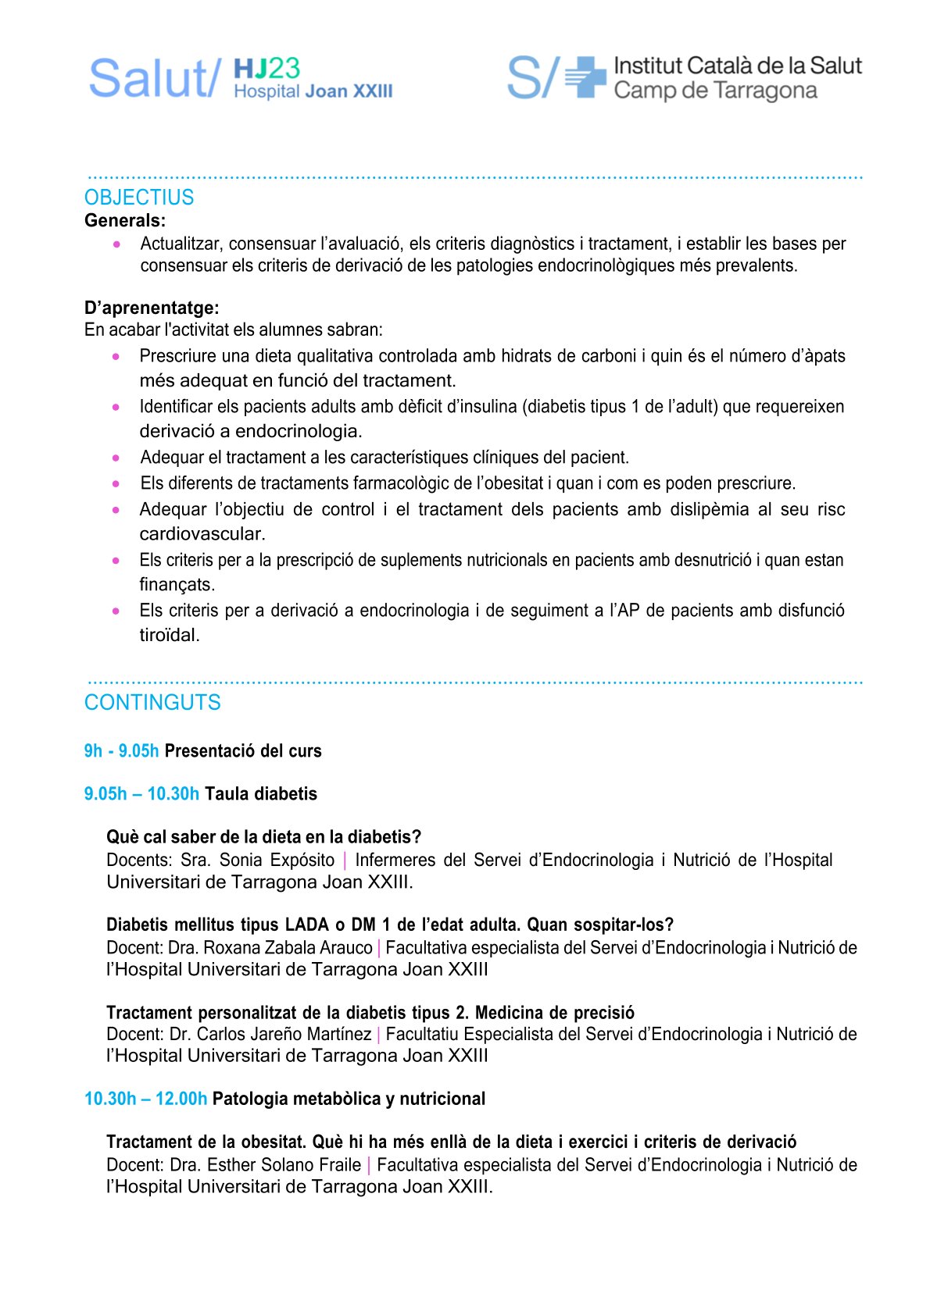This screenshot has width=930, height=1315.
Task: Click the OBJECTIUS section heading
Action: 138,198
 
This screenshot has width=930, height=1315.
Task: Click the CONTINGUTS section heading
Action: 152,703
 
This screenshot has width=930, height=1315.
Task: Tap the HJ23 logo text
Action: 266,69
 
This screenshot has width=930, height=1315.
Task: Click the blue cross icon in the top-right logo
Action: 585,77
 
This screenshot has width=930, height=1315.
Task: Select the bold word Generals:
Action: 125,221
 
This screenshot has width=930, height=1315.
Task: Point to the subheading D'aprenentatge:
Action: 152,308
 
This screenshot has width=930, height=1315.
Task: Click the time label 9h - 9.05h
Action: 121,751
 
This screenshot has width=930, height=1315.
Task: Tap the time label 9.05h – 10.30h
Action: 141,794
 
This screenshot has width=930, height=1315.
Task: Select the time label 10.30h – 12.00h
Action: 145,1099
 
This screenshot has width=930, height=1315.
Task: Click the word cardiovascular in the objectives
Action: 202,534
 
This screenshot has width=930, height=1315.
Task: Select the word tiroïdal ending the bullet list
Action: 169,636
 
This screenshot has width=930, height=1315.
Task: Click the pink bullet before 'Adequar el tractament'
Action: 116,458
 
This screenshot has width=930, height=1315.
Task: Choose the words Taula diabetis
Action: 261,794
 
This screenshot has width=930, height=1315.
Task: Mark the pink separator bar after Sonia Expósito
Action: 345,861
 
